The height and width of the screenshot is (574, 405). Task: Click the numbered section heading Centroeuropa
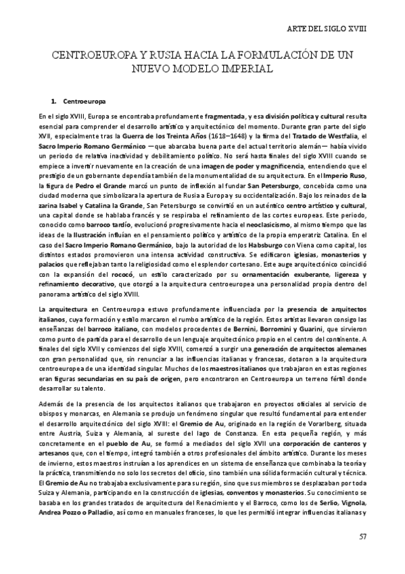(x=88, y=102)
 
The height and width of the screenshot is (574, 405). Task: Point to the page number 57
(x=362, y=537)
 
